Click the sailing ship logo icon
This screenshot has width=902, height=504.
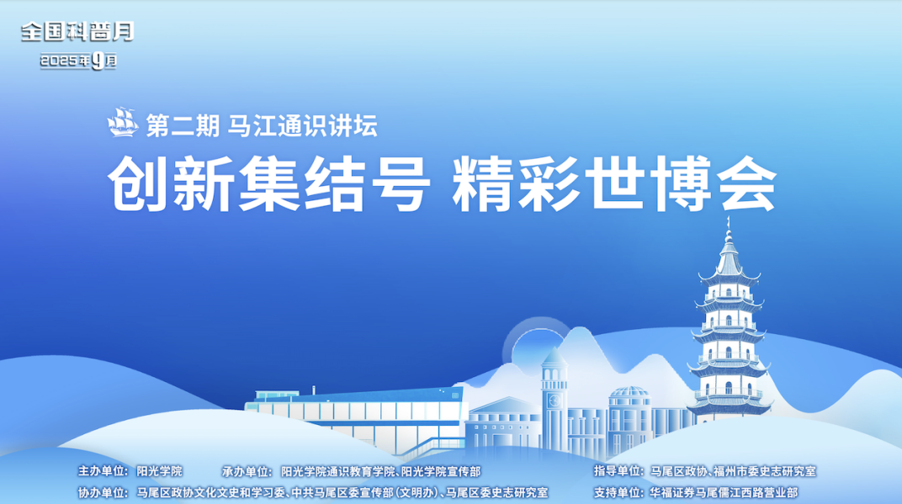(x=123, y=122)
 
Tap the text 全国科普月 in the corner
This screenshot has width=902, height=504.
(x=77, y=32)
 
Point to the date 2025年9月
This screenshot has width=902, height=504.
(x=78, y=61)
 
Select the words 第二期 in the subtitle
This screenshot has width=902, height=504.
(x=183, y=125)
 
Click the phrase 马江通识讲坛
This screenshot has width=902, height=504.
(x=303, y=125)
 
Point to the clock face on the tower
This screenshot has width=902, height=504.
(x=554, y=400)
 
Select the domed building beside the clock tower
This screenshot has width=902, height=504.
(x=629, y=418)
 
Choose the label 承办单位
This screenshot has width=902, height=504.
(x=247, y=471)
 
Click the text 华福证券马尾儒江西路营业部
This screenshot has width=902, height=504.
(x=724, y=492)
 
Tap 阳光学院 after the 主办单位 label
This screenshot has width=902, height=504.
(x=159, y=471)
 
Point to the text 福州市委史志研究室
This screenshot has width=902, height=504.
(x=765, y=471)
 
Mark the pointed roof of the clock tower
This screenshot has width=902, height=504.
(x=554, y=357)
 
